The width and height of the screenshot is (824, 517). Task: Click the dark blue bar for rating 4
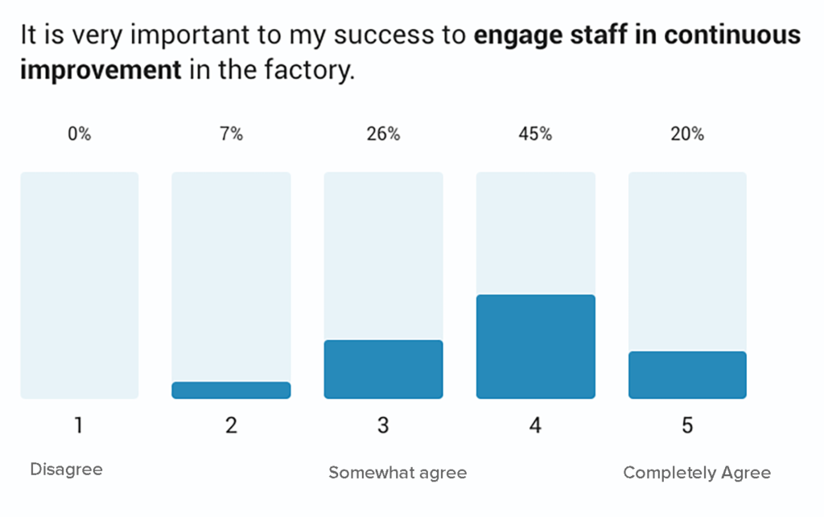click(x=535, y=347)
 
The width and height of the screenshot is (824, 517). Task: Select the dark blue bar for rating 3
click(x=383, y=369)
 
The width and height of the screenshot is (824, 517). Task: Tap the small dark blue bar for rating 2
click(x=231, y=390)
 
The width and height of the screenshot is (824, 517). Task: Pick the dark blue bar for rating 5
click(x=687, y=375)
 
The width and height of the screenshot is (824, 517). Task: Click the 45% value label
click(x=535, y=134)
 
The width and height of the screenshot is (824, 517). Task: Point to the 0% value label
click(x=79, y=134)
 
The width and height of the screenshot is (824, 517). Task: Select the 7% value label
click(x=231, y=134)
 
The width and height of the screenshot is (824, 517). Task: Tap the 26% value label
click(x=383, y=134)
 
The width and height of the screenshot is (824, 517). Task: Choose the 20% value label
click(x=687, y=134)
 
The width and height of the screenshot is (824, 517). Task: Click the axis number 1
click(x=79, y=425)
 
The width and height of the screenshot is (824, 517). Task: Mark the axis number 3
click(x=383, y=425)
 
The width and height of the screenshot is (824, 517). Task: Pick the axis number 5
click(x=687, y=425)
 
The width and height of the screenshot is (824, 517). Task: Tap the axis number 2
click(x=231, y=425)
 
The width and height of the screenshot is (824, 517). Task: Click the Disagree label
click(x=66, y=470)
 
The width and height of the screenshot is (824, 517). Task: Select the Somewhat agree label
click(x=398, y=473)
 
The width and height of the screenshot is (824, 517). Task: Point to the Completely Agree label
click(x=697, y=473)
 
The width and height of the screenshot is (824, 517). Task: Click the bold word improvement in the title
click(x=101, y=70)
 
